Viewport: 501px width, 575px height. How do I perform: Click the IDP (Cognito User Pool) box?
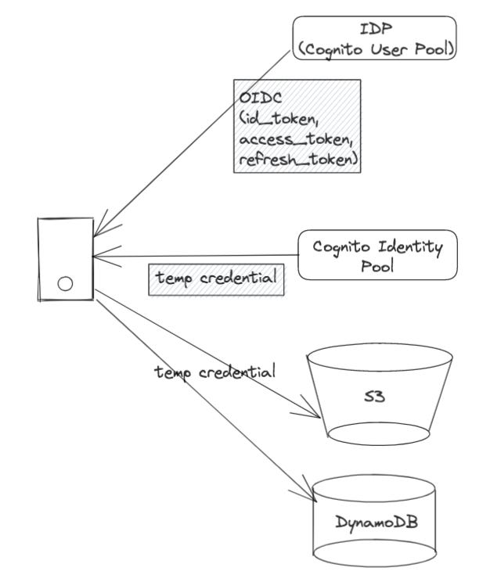374,38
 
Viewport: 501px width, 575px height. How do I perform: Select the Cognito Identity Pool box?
377,256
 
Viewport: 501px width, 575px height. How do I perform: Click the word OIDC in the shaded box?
259,100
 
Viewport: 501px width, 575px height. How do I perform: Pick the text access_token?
287,139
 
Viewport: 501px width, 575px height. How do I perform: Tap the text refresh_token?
294,159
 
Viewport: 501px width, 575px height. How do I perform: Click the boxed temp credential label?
215,279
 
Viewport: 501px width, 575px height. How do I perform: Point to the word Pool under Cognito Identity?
377,266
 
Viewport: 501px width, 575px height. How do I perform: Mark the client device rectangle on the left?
65,260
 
